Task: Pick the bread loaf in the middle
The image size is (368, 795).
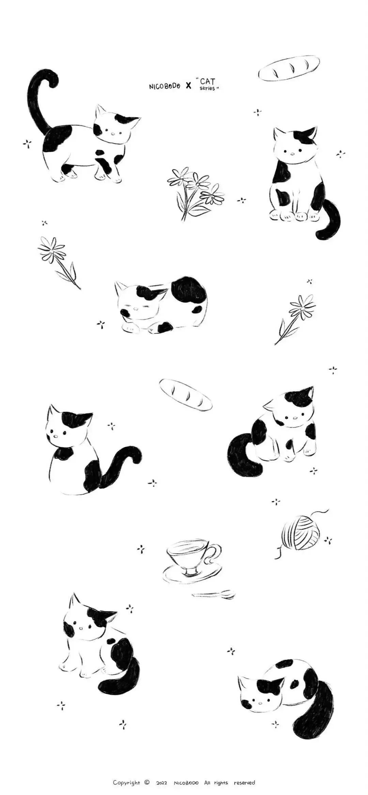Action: (186, 394)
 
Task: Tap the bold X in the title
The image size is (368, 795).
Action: (188, 86)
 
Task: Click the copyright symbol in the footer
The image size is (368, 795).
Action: (147, 773)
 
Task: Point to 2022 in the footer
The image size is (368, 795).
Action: (162, 774)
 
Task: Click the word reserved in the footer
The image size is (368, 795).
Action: (244, 773)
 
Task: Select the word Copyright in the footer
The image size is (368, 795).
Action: (126, 773)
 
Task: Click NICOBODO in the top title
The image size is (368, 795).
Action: (164, 86)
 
